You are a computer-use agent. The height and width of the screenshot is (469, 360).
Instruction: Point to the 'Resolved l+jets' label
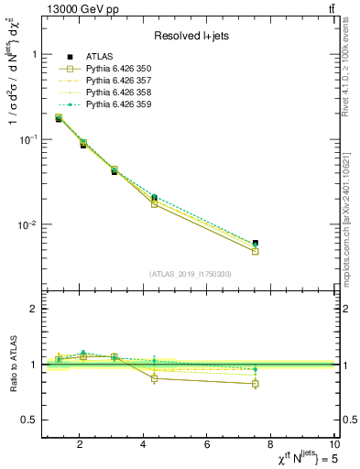click(x=190, y=37)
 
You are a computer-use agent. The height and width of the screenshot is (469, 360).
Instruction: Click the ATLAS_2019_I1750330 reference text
click(x=191, y=274)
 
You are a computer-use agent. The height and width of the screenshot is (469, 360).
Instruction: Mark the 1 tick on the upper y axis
click(x=32, y=54)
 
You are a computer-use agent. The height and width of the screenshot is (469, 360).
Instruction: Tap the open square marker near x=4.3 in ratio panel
click(x=154, y=378)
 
